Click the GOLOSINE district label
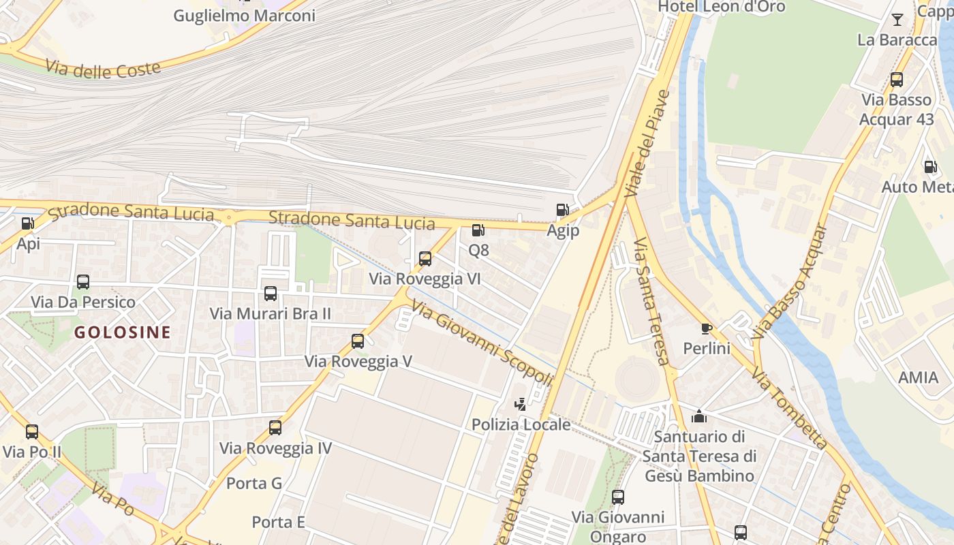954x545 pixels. pyautogui.click(x=123, y=332)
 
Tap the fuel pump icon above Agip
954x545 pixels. pyautogui.click(x=562, y=210)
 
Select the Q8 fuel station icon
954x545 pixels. pyautogui.click(x=478, y=230)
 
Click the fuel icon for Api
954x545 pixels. pyautogui.click(x=27, y=223)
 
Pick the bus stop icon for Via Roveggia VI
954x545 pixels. pyautogui.click(x=425, y=259)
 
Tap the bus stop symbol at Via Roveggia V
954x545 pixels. pyautogui.click(x=358, y=341)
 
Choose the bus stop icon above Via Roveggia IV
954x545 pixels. pyautogui.click(x=275, y=428)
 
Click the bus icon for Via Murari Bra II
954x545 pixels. pyautogui.click(x=271, y=294)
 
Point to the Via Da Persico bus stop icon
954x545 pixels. pyautogui.click(x=83, y=282)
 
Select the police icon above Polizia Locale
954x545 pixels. pyautogui.click(x=521, y=404)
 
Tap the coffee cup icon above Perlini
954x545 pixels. pyautogui.click(x=707, y=328)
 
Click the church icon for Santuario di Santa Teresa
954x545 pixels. pyautogui.click(x=699, y=416)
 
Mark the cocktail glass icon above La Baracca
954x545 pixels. pyautogui.click(x=897, y=19)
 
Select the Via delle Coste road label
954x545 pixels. pyautogui.click(x=104, y=68)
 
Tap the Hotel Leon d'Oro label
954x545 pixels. pyautogui.click(x=721, y=7)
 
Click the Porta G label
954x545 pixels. pyautogui.click(x=253, y=483)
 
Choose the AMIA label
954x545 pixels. pyautogui.click(x=918, y=377)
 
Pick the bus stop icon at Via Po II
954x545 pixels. pyautogui.click(x=32, y=431)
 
